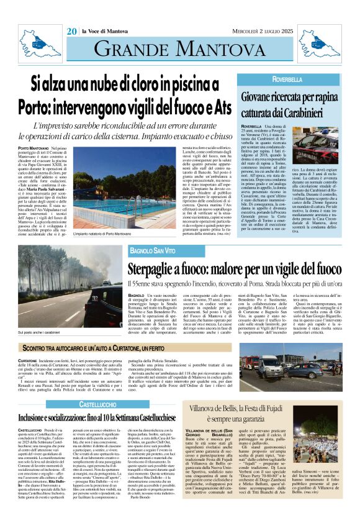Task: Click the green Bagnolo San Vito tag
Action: coord(153,250)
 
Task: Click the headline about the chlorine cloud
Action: coord(125,93)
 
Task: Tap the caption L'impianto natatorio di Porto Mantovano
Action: coord(111,233)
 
